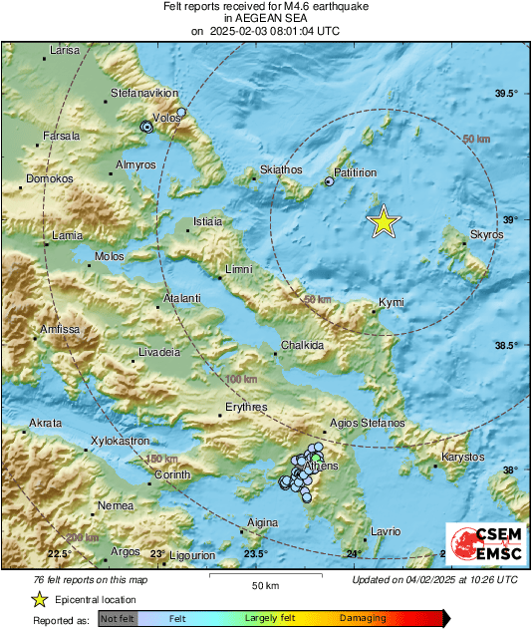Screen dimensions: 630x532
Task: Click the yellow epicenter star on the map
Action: point(384,222)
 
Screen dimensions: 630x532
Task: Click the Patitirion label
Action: point(355,172)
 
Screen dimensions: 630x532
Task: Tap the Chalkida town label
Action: point(302,345)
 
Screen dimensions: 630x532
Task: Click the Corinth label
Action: point(172,474)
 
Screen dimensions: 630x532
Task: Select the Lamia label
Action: point(67,236)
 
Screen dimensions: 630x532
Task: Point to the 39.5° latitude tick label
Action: point(507,94)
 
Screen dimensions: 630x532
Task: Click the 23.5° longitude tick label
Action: point(256,554)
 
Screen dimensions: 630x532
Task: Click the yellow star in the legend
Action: point(40,599)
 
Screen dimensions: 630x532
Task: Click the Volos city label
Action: point(166,118)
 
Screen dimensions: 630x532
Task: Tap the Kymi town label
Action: point(391,302)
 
